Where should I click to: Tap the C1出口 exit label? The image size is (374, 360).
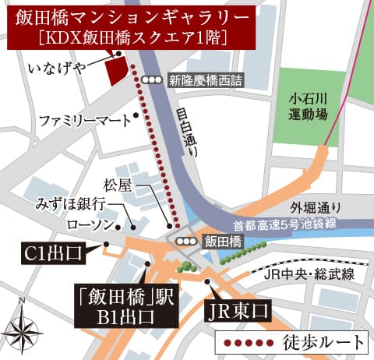pyautogui.click(x=54, y=252)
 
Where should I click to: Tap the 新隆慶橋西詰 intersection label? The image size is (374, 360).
pyautogui.click(x=206, y=79)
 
